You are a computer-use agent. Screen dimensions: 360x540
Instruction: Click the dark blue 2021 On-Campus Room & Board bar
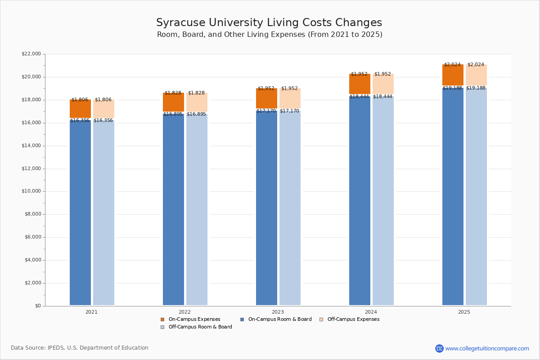coord(80,211)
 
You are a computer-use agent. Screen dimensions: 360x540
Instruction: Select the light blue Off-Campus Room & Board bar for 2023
coord(290,207)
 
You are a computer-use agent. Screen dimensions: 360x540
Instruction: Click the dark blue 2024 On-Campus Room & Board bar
coord(360,200)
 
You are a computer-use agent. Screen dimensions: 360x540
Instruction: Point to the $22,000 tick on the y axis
coord(31,54)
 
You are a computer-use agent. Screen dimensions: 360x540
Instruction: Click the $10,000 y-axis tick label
coord(31,191)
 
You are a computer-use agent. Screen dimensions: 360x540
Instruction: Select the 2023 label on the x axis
coord(278,312)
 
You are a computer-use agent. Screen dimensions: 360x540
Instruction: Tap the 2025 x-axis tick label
coord(464,312)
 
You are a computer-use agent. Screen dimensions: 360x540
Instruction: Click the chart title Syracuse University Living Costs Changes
coord(269,23)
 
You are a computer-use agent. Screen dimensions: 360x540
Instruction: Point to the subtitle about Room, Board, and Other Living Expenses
coord(270,35)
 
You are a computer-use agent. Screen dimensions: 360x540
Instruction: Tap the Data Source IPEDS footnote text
coord(80,348)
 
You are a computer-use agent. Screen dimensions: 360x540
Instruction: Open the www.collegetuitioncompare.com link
coord(487,348)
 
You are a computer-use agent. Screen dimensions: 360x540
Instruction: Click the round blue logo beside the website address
coord(439,348)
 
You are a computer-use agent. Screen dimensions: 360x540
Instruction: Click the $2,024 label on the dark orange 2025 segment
coord(452,65)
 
